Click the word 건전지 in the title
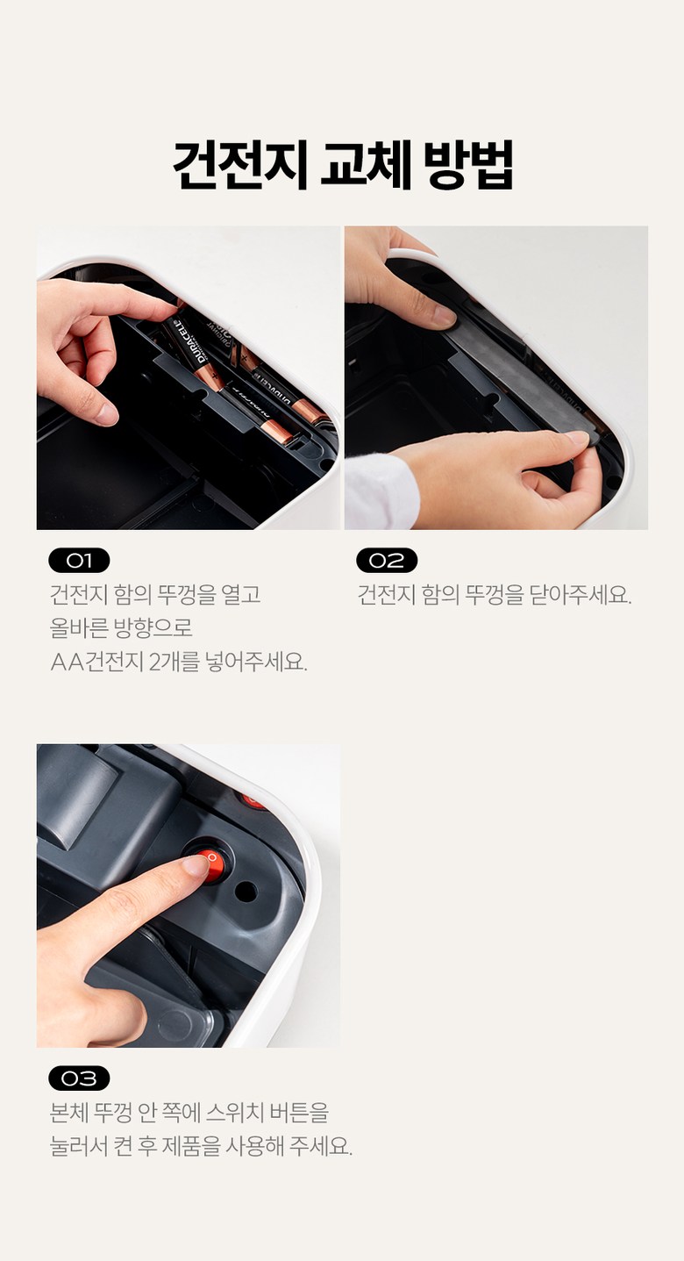[239, 164]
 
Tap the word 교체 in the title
[367, 164]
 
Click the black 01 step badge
[79, 560]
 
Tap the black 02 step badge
[387, 560]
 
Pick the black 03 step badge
[79, 1078]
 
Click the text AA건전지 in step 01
[96, 662]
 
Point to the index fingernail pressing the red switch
[196, 866]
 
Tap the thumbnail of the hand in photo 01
[106, 415]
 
